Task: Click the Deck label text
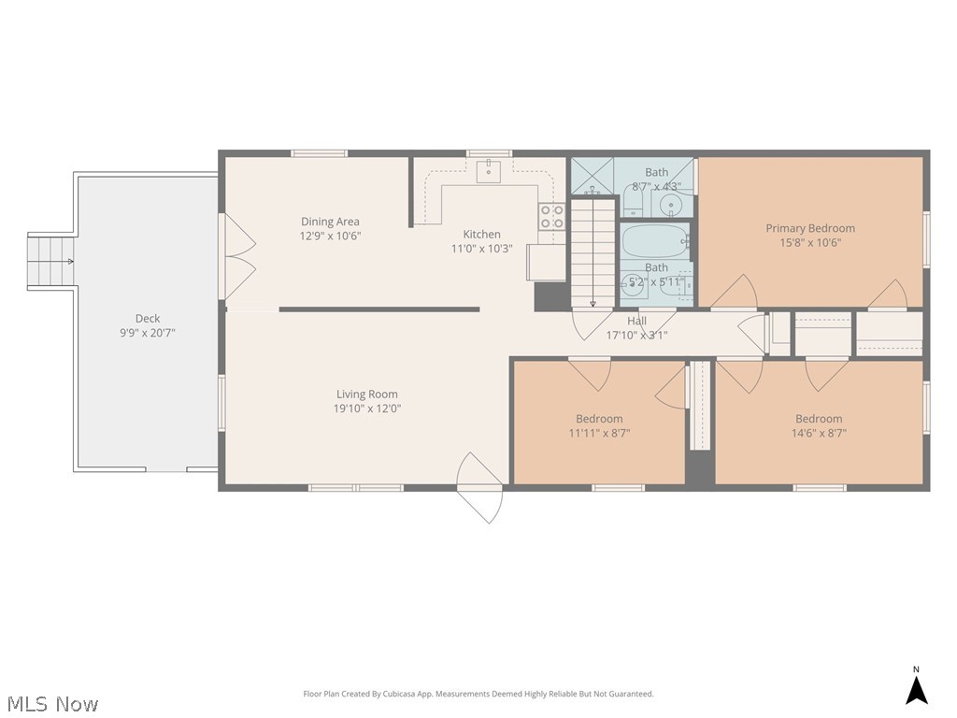(x=148, y=319)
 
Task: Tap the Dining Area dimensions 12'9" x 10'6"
(x=330, y=237)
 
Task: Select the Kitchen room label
(x=481, y=234)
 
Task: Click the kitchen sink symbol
(x=488, y=171)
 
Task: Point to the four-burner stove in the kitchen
(x=551, y=217)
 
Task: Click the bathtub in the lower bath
(x=655, y=241)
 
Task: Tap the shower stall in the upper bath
(x=593, y=175)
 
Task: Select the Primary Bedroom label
(x=809, y=228)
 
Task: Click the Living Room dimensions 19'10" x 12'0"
(x=367, y=409)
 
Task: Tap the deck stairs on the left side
(x=52, y=261)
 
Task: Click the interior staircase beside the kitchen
(x=593, y=252)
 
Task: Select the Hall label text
(x=636, y=321)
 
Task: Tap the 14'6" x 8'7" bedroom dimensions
(x=819, y=433)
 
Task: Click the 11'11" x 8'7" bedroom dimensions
(x=599, y=433)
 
